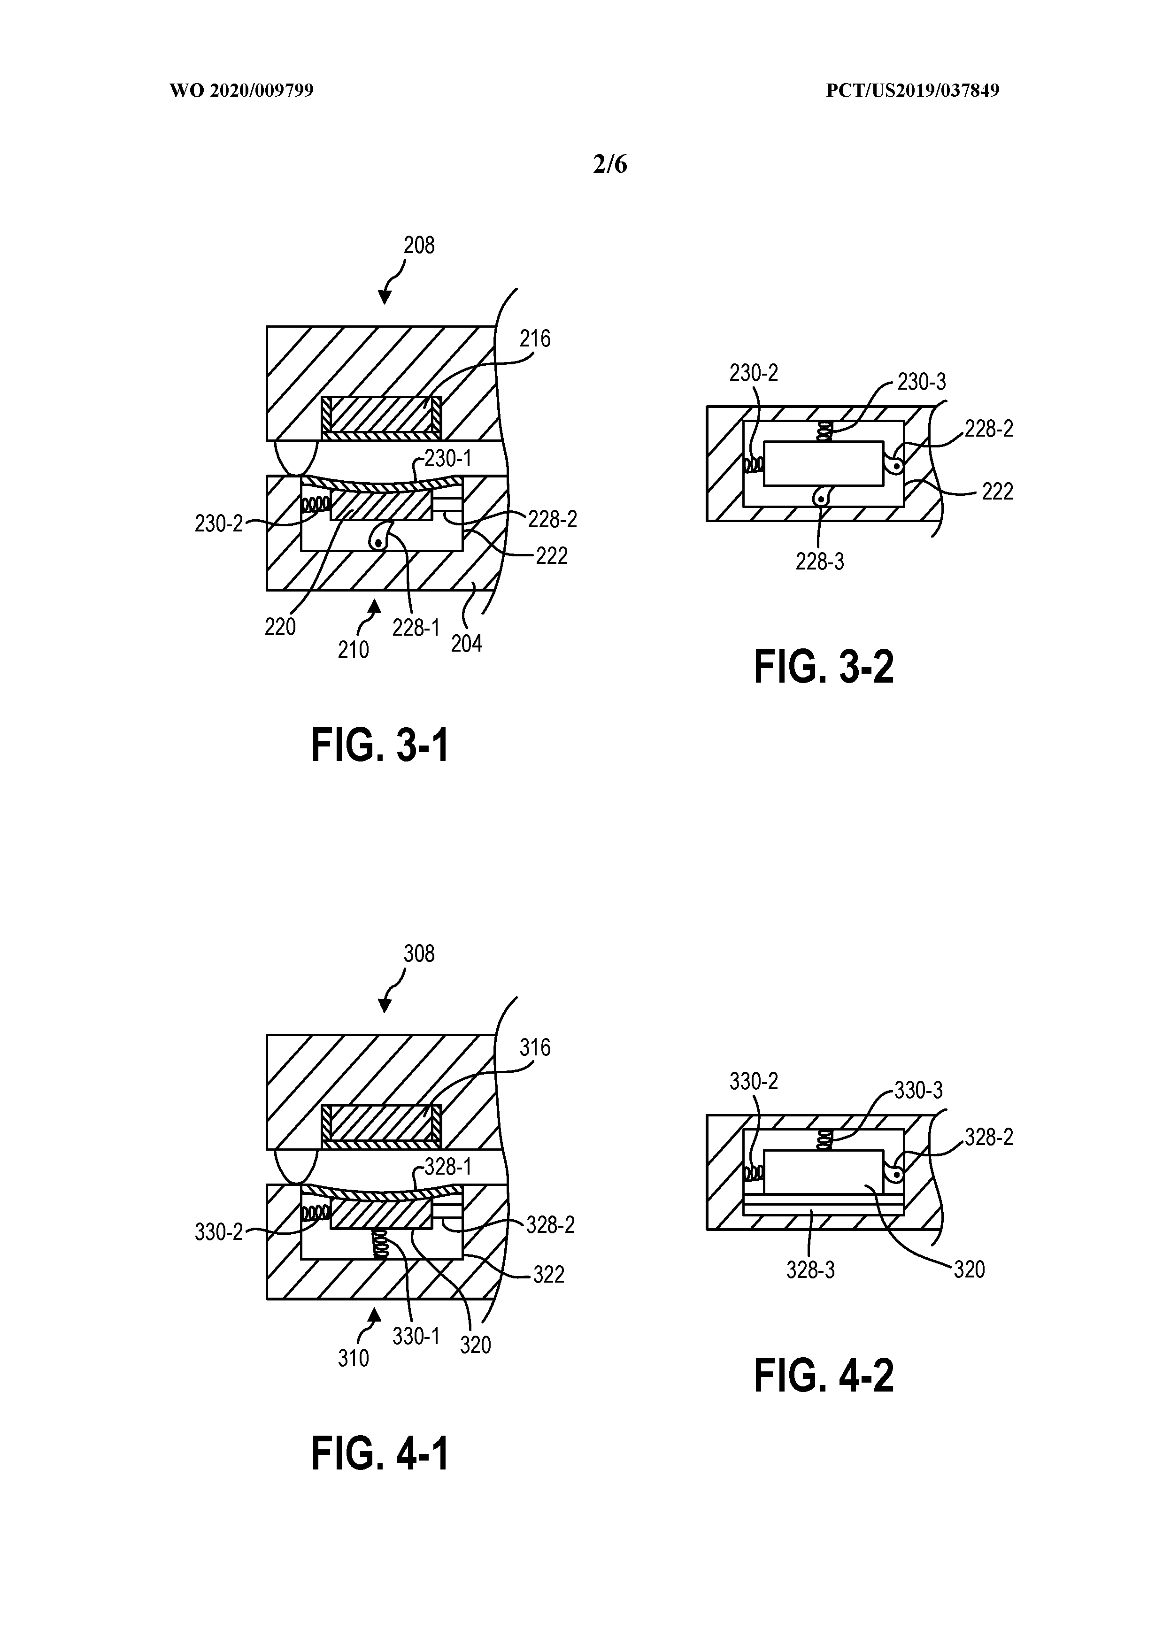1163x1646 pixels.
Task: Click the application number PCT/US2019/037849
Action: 912,91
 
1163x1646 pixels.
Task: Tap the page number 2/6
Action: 610,165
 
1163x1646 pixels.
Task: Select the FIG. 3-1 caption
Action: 379,746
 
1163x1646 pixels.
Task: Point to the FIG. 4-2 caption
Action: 824,1377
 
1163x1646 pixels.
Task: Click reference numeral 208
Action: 419,246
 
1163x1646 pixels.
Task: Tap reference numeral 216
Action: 535,339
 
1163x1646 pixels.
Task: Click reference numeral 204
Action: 466,644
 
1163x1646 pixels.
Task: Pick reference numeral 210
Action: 354,649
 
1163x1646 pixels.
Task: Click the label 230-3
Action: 921,382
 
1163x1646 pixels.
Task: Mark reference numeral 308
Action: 419,954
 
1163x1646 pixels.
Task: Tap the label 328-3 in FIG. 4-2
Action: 810,1270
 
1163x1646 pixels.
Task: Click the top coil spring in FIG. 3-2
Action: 825,431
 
